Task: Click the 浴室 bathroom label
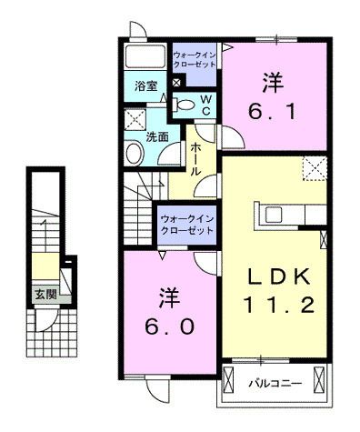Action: coord(146,86)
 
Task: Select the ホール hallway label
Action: coord(195,158)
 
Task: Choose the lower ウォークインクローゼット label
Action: coord(186,224)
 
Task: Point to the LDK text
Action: coord(281,275)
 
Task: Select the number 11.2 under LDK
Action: coord(282,305)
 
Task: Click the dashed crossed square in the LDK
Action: coord(315,168)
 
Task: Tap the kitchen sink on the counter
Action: coord(273,215)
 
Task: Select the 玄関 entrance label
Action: coord(45,294)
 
